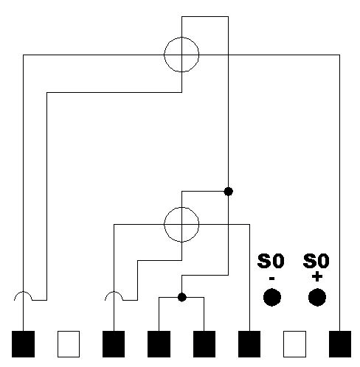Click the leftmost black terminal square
(x=23, y=344)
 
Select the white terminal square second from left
(x=69, y=344)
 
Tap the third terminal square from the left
(x=114, y=344)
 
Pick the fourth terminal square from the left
(x=159, y=344)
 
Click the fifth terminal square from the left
(x=204, y=344)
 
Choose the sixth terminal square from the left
(x=249, y=344)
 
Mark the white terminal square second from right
(x=294, y=344)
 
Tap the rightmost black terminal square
(x=340, y=344)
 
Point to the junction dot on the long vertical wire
(x=229, y=191)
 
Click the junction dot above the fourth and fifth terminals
(x=182, y=297)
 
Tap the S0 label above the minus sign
(x=271, y=261)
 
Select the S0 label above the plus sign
(x=316, y=261)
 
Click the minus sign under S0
(x=271, y=279)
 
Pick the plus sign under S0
(x=317, y=276)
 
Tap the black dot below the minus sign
(x=272, y=297)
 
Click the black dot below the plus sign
(x=317, y=297)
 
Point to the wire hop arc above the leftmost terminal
(x=23, y=292)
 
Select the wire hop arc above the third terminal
(x=114, y=292)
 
